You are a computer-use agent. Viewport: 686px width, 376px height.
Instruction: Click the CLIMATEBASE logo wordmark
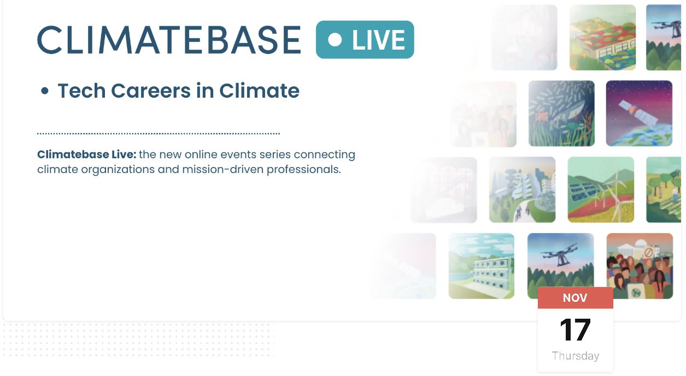tap(169, 40)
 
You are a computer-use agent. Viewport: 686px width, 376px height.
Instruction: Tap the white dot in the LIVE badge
tap(335, 40)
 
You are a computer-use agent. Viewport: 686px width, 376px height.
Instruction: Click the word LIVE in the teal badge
tap(378, 40)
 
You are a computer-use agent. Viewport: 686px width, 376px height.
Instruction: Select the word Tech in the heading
tap(82, 91)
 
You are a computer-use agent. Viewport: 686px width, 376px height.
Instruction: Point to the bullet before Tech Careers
tap(45, 91)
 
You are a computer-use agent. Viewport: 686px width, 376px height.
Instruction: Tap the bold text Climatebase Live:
tap(87, 154)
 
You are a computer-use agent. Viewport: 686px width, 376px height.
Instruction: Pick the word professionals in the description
tap(303, 169)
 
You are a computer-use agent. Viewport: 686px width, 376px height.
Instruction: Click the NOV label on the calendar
tap(575, 298)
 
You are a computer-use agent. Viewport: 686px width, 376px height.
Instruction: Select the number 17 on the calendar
tap(575, 330)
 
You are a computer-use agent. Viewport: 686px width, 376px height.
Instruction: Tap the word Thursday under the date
tap(576, 356)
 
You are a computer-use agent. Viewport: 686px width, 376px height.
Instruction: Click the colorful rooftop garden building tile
tap(602, 37)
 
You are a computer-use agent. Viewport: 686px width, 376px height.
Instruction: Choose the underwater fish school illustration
tap(561, 114)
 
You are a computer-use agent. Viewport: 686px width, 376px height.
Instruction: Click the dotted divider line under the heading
tap(159, 134)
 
